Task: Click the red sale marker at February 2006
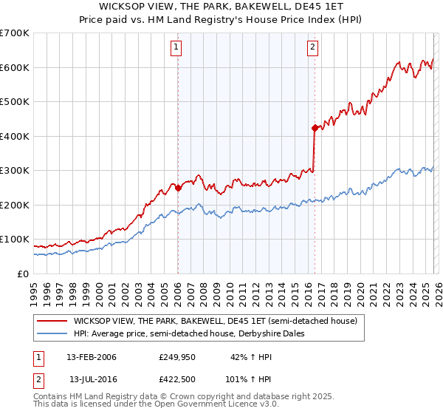pyautogui.click(x=178, y=188)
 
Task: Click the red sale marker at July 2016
pyautogui.click(x=315, y=128)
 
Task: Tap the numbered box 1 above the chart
pyautogui.click(x=177, y=48)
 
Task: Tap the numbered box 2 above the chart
pyautogui.click(x=312, y=48)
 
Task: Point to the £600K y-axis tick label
pyautogui.click(x=15, y=67)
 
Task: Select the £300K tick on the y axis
pyautogui.click(x=15, y=170)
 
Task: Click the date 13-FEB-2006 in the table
pyautogui.click(x=92, y=357)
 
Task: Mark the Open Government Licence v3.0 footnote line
pyautogui.click(x=156, y=405)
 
